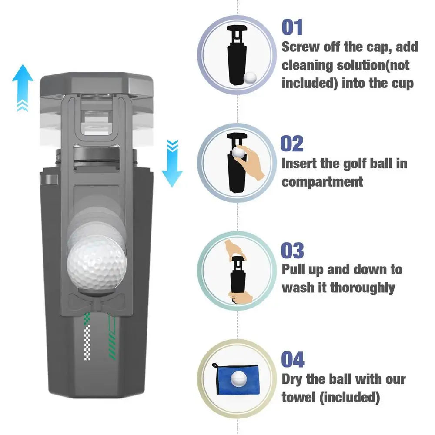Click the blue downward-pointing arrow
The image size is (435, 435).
(172, 165)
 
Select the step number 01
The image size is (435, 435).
(292, 27)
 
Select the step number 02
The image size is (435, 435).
(292, 143)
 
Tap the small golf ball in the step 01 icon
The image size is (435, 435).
(250, 78)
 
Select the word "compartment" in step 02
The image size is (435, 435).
(322, 182)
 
